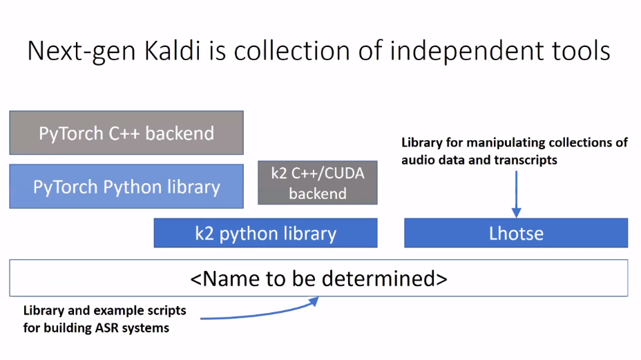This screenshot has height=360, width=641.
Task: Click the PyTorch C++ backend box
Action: (x=126, y=133)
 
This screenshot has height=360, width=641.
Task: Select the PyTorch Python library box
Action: (x=126, y=187)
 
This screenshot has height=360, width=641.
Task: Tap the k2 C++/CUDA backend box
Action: (x=318, y=183)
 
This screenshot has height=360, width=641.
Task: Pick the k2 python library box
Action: (x=265, y=234)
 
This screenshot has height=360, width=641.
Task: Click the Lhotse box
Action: (x=516, y=234)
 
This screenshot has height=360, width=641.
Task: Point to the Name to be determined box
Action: (x=318, y=278)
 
